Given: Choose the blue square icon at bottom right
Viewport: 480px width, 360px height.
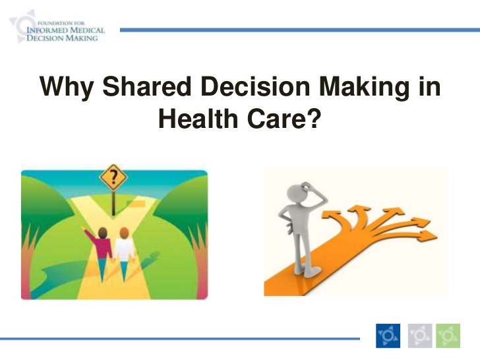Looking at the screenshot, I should pyautogui.click(x=388, y=336).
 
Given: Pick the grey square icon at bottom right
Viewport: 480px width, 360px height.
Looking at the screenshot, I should pyautogui.click(x=420, y=336).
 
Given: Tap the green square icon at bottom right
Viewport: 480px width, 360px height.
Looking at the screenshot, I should pyautogui.click(x=448, y=336).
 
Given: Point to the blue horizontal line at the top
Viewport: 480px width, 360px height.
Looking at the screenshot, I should pyautogui.click(x=297, y=30).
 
